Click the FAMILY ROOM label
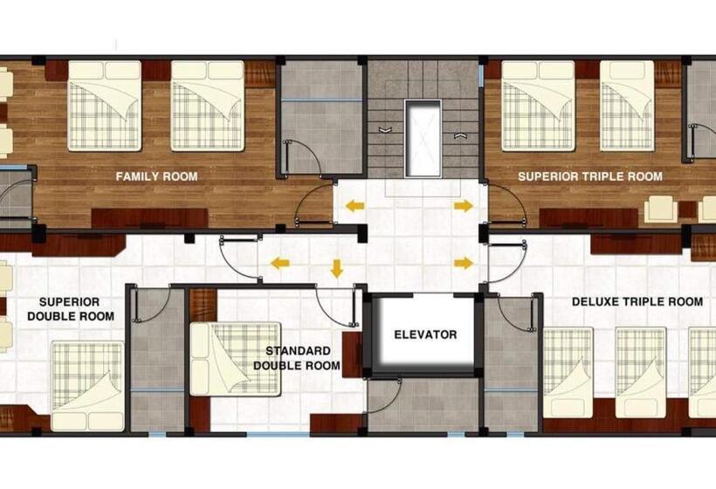pyautogui.click(x=156, y=176)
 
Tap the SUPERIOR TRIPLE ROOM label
pyautogui.click(x=590, y=176)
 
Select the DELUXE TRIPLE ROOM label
pyautogui.click(x=637, y=301)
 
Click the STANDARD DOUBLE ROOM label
pyautogui.click(x=297, y=358)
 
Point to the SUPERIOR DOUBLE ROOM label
pyautogui.click(x=71, y=309)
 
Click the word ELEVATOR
pyautogui.click(x=425, y=334)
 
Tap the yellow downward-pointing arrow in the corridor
pyautogui.click(x=336, y=268)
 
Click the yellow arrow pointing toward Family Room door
pyautogui.click(x=355, y=206)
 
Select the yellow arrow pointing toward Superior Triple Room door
pyautogui.click(x=464, y=206)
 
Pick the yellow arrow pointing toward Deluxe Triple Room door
pyautogui.click(x=464, y=263)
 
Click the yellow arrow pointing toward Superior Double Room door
pyautogui.click(x=280, y=263)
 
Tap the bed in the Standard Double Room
pyautogui.click(x=235, y=359)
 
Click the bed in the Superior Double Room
pyautogui.click(x=87, y=386)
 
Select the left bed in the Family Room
pyautogui.click(x=105, y=106)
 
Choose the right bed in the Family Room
pyautogui.click(x=208, y=106)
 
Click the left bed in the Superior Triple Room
pyautogui.click(x=538, y=106)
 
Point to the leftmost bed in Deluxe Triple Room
pyautogui.click(x=568, y=372)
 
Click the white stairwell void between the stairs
pyautogui.click(x=423, y=138)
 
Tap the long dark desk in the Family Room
pyautogui.click(x=150, y=218)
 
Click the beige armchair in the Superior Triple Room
pyautogui.click(x=661, y=209)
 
